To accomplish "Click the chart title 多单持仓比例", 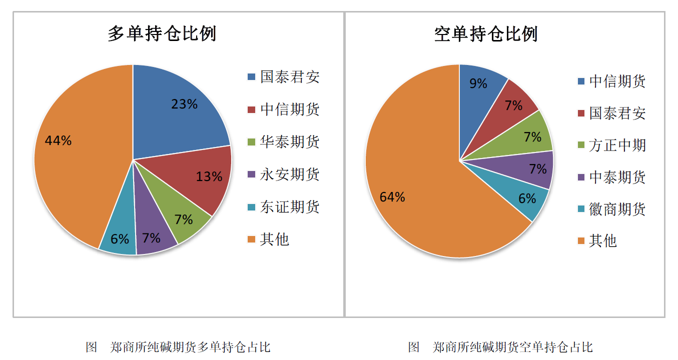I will (162, 34).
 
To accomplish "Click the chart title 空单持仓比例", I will (486, 34).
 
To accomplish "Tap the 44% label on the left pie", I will (58, 141).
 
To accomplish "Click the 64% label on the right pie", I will (392, 197).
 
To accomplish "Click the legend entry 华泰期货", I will (290, 142).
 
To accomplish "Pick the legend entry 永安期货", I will (290, 174).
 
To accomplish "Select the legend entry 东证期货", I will (290, 207).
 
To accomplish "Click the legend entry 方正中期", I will (617, 145).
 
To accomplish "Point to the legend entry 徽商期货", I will (617, 209).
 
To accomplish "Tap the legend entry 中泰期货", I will (617, 177).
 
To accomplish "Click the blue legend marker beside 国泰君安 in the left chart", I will (252, 77).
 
